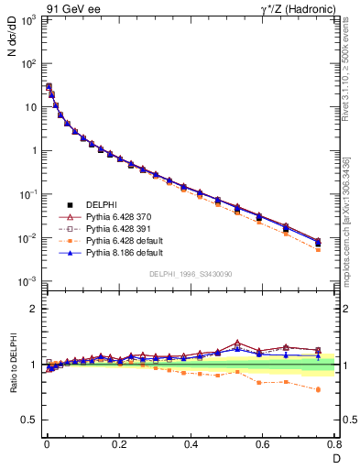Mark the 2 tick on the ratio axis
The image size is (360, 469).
click(x=35, y=309)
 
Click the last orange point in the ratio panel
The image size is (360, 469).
click(x=318, y=389)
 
